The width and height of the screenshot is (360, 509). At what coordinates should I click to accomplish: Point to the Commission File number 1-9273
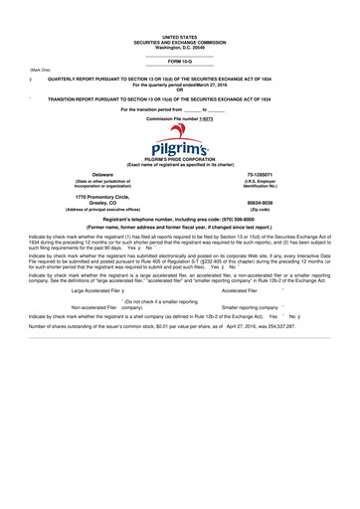coord(180,117)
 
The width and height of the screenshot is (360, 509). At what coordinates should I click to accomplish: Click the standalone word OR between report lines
coord(180,91)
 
